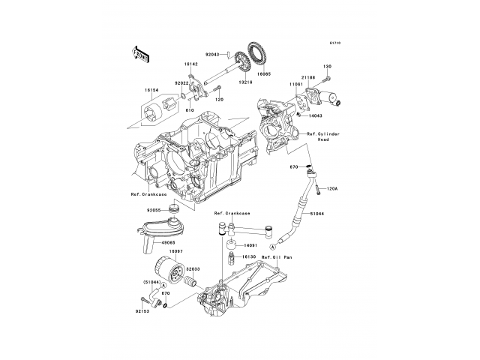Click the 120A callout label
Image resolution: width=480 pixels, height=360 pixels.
pyautogui.click(x=332, y=189)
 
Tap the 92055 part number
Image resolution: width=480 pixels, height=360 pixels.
pyautogui.click(x=154, y=211)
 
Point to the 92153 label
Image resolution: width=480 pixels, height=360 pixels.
pyautogui.click(x=143, y=310)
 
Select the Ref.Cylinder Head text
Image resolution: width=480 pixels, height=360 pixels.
pyautogui.click(x=322, y=136)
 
